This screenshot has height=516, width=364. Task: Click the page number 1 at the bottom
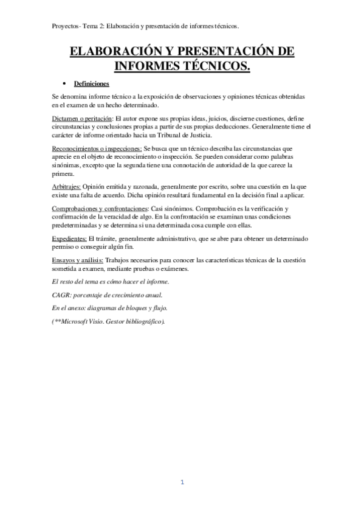182,483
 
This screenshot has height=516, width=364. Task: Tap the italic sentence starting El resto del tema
111,282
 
